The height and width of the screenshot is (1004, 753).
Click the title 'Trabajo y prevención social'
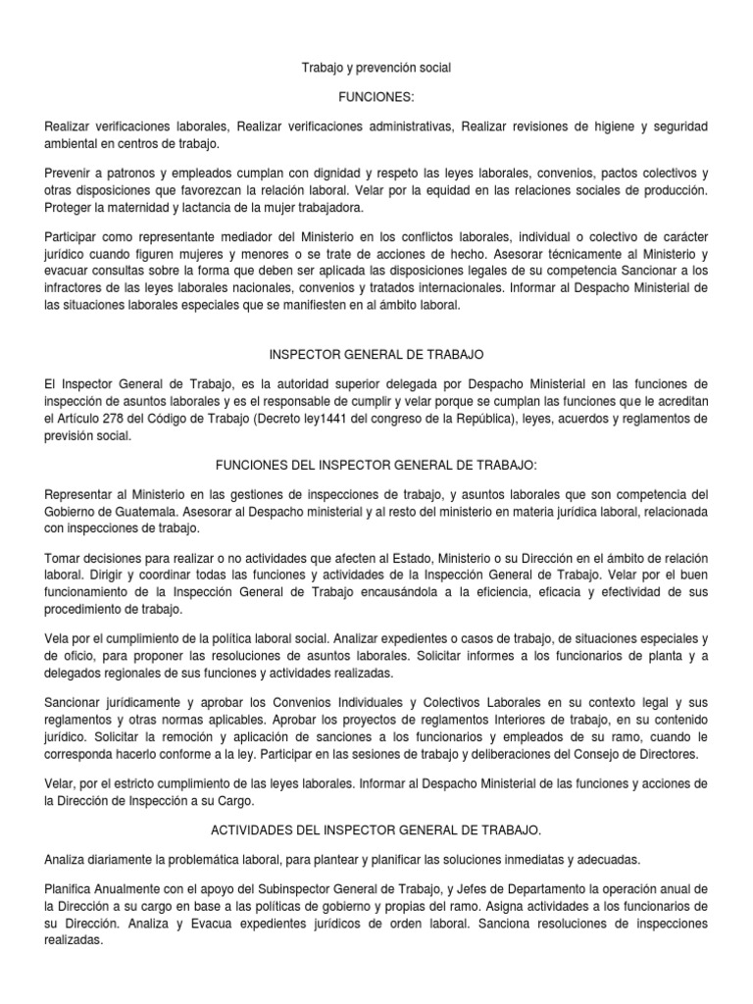point(376,68)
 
